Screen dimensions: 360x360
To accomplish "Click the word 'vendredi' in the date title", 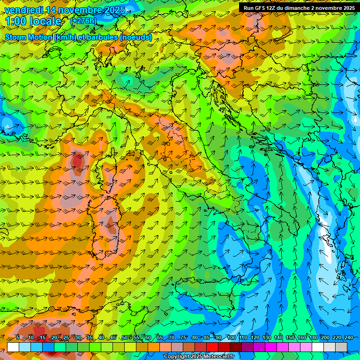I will pos(22,10).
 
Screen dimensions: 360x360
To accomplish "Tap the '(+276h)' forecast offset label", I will pos(83,21).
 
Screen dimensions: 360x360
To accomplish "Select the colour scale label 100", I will pos(231,337).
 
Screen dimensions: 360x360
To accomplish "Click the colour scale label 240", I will pos(348,337).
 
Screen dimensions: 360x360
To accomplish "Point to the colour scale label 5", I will pos(18,337).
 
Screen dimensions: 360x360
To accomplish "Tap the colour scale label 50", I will pos(125,337).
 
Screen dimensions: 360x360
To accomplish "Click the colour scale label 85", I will pos(207,337).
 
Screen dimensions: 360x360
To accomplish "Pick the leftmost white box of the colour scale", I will pos(13,347).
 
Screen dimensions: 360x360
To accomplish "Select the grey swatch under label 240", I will pos(341,347).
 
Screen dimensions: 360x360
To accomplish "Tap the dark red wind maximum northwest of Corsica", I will pos(77,161).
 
